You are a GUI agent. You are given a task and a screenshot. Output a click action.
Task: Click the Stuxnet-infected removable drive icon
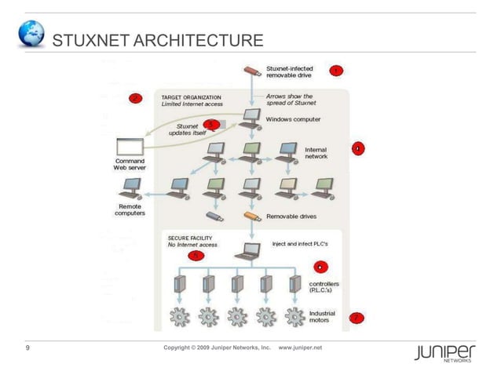tap(251, 71)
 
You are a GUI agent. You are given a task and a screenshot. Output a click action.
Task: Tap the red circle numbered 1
tap(335, 71)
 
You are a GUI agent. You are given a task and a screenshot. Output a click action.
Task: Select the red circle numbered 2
tap(135, 98)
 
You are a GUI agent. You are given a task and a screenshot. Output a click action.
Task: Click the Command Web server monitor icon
tap(130, 146)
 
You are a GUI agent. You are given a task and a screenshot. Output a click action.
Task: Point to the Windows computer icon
tap(252, 118)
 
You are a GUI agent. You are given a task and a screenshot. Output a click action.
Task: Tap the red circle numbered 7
tap(356, 318)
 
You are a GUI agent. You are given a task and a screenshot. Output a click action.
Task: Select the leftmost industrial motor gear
tap(180, 316)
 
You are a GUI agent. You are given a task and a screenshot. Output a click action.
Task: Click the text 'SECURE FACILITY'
tap(189, 237)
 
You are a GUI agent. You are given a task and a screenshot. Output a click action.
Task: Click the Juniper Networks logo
tap(444, 353)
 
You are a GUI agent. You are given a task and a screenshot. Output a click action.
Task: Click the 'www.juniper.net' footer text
tap(301, 347)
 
